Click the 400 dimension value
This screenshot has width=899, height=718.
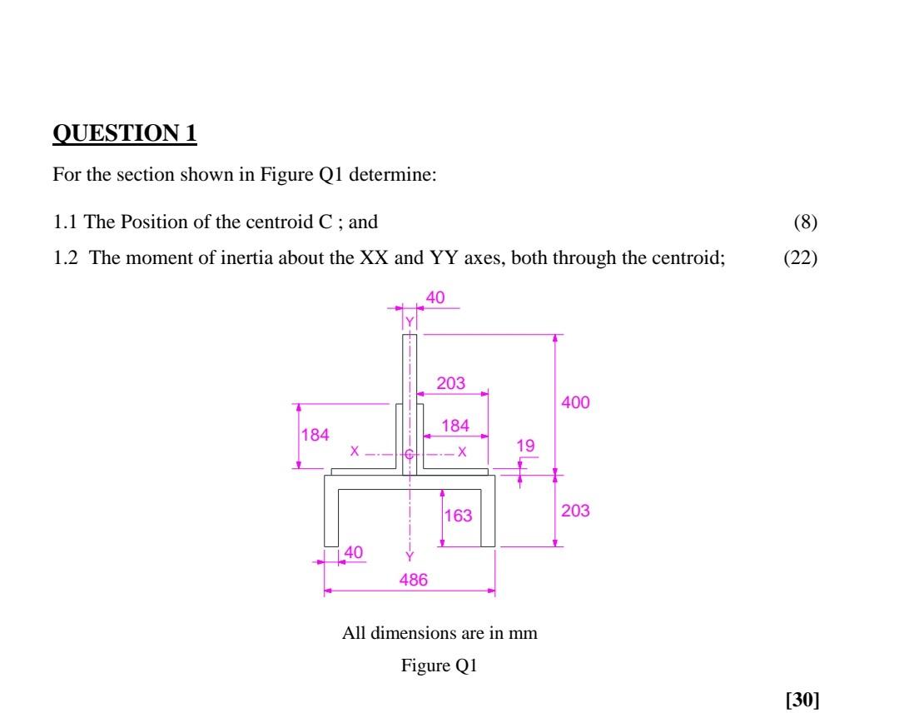[575, 403]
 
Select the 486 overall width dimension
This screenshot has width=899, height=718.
[414, 581]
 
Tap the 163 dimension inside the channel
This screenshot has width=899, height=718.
[457, 516]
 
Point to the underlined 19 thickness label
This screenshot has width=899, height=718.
[526, 446]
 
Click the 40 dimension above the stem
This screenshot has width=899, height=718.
[435, 297]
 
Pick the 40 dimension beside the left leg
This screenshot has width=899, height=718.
[354, 551]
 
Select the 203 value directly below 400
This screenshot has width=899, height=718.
[575, 511]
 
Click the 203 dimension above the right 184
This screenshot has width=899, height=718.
[451, 384]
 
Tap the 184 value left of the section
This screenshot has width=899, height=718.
[315, 434]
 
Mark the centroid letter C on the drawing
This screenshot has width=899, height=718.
[409, 454]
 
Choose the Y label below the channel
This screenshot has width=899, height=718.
[409, 556]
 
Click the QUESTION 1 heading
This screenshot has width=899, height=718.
[125, 133]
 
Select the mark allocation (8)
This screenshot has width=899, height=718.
[806, 221]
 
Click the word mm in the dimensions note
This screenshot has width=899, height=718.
[526, 633]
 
